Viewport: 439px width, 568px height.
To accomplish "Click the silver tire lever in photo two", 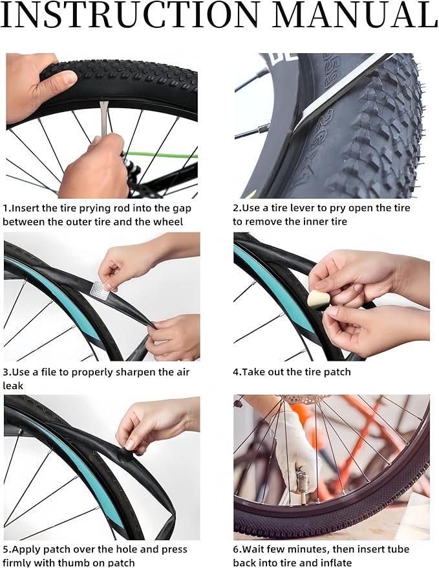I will (336, 97).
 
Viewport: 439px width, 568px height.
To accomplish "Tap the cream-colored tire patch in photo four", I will (319, 299).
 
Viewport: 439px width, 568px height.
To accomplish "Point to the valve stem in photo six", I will (300, 484).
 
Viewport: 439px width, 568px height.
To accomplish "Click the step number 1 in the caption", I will (6, 209).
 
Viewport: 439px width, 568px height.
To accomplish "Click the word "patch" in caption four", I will (337, 372).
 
